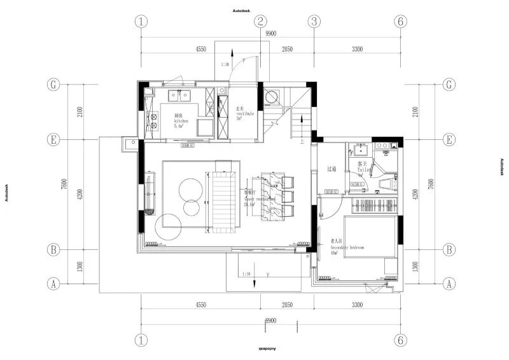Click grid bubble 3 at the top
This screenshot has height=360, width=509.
tap(314, 21)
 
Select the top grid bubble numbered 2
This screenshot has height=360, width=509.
tap(260, 21)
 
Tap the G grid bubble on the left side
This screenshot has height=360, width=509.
tap(54, 85)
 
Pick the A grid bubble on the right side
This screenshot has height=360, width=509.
tap(450, 283)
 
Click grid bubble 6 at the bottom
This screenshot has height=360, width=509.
tap(400, 340)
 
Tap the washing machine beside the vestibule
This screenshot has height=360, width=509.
tap(273, 97)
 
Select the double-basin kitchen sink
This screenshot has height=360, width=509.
tap(181, 97)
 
